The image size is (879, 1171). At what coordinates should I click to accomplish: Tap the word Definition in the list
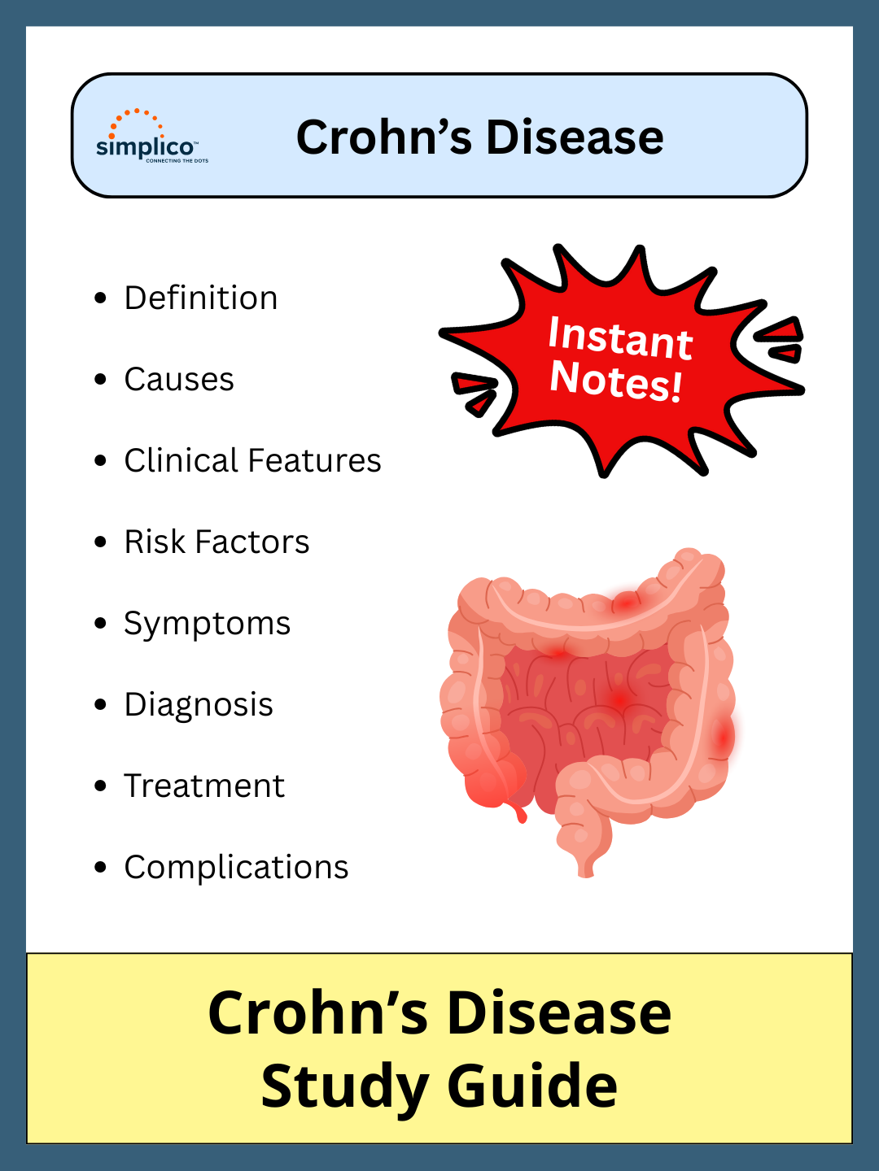201,298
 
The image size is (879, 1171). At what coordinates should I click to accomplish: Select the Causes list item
179,380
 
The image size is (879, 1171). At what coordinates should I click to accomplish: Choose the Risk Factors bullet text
216,542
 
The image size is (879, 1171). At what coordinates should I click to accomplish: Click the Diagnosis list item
199,705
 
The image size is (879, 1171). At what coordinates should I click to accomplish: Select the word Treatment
204,786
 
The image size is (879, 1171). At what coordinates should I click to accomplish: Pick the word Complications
236,868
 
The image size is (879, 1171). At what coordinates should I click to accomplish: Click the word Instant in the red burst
620,337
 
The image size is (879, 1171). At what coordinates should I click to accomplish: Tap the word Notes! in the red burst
616,381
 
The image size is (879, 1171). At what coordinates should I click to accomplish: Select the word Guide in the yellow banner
532,1086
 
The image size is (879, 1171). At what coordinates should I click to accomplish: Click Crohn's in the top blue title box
383,137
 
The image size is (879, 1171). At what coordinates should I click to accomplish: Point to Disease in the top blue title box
575,137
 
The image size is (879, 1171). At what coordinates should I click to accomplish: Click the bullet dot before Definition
100,298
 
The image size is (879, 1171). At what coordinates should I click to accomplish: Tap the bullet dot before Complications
100,868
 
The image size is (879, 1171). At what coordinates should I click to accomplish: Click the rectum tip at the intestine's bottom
586,868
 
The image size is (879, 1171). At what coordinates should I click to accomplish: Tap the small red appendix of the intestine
519,812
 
